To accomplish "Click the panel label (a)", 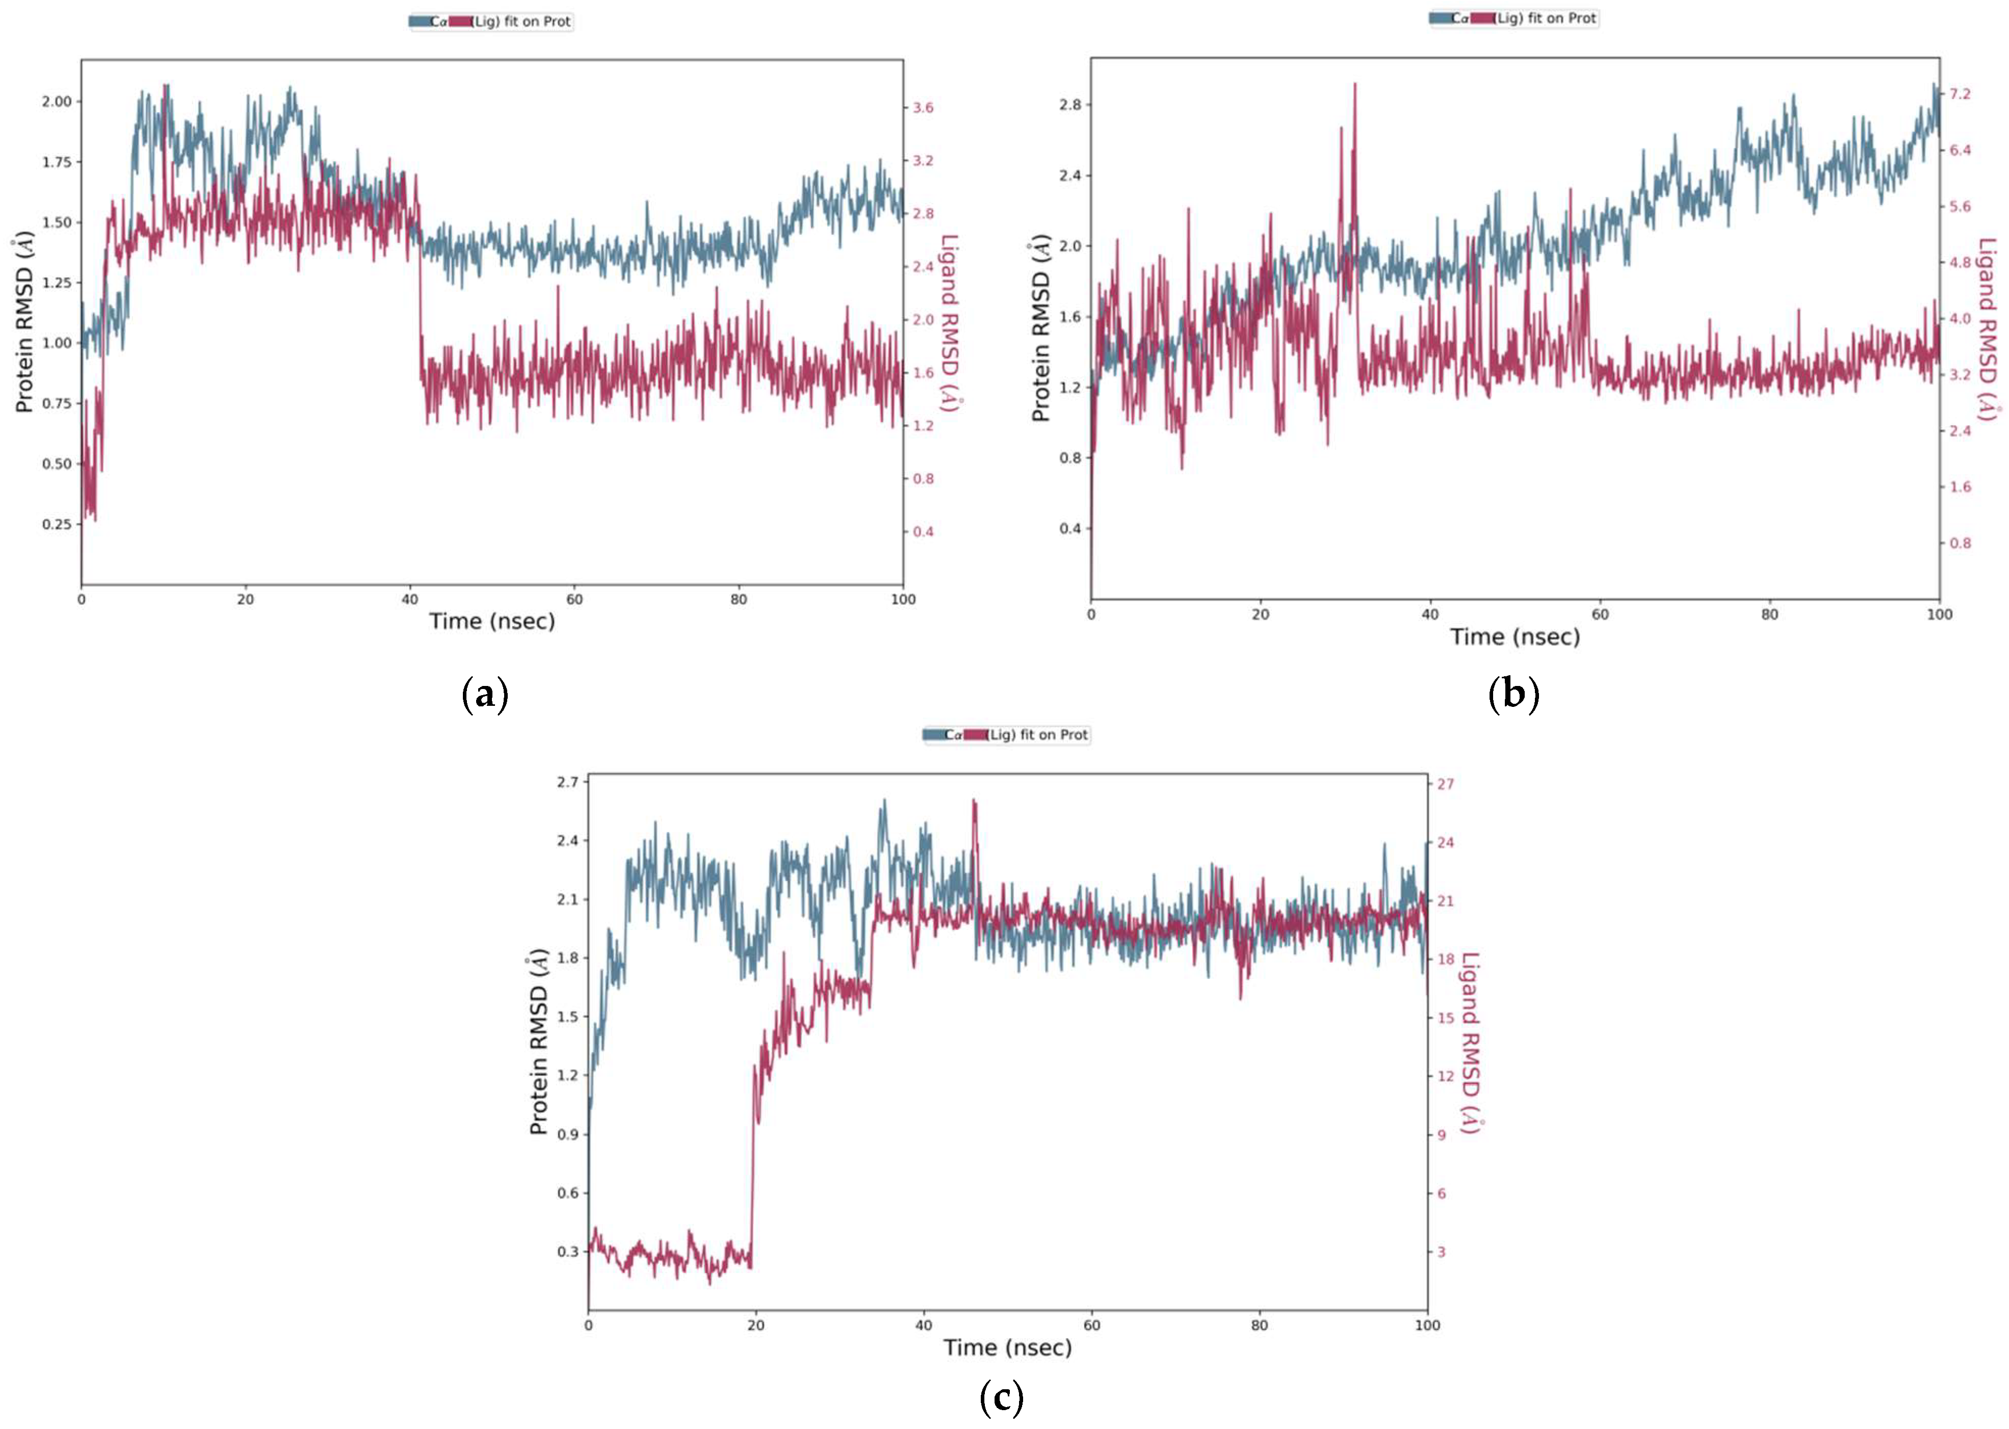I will [x=485, y=695].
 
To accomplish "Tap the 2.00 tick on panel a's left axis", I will [x=56, y=101].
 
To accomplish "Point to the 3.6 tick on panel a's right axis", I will [x=922, y=108].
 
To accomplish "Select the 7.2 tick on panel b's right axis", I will [x=1959, y=93].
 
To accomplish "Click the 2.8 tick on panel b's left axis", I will [x=1070, y=104].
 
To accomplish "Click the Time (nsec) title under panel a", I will [x=492, y=621].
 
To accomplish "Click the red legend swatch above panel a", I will [x=460, y=21].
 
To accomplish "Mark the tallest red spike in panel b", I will [x=1354, y=85].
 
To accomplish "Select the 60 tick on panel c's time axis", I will [x=1091, y=1325].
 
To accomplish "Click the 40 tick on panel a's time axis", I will [x=410, y=599].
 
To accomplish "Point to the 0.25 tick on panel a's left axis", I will [x=56, y=524].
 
